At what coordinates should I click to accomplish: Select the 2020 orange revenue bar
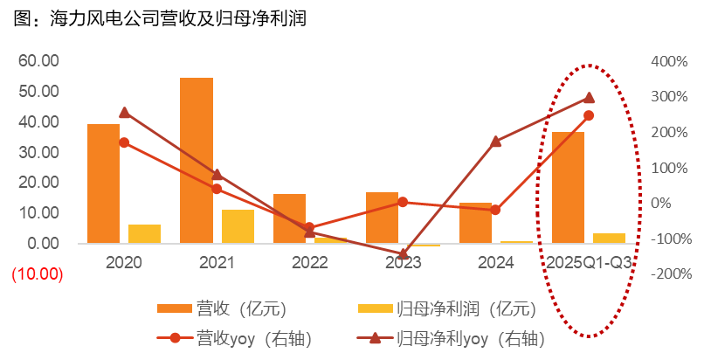103,183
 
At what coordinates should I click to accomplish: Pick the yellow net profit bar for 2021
238,226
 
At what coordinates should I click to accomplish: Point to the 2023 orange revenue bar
382,218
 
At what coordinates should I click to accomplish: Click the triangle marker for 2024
496,141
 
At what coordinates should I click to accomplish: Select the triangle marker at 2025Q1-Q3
589,98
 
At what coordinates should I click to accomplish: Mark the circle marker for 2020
124,142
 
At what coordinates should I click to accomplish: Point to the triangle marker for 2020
124,112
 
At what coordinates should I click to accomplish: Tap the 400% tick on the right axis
670,61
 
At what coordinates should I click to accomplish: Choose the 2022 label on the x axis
309,261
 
